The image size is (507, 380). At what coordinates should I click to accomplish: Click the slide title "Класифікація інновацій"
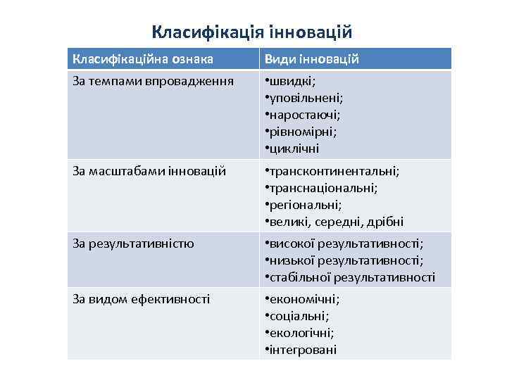(x=251, y=32)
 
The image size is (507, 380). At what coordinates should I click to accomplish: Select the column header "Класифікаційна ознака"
(x=143, y=59)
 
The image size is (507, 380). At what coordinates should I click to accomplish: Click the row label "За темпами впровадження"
(x=144, y=81)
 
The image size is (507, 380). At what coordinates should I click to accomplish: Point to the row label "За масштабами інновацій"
(x=149, y=171)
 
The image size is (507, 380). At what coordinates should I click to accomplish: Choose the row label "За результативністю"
(x=134, y=243)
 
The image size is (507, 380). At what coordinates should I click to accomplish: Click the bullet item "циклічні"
(x=294, y=148)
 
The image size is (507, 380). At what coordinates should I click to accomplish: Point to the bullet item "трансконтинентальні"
(x=333, y=171)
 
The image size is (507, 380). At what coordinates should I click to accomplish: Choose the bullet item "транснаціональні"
(x=323, y=188)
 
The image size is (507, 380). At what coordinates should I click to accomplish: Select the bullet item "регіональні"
(x=305, y=205)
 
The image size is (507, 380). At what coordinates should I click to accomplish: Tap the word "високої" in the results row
(x=290, y=243)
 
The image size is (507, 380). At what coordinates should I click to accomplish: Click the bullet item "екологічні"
(x=301, y=333)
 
